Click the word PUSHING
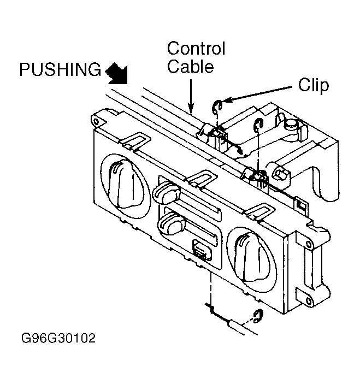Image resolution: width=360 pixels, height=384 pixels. click(x=60, y=69)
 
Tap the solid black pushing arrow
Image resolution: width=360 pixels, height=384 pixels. click(x=117, y=74)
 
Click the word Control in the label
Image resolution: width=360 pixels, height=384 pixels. click(x=196, y=48)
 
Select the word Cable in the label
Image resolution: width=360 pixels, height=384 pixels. click(x=191, y=66)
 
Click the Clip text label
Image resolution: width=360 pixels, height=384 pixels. click(x=314, y=85)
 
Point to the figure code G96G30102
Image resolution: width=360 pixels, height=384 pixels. click(x=58, y=338)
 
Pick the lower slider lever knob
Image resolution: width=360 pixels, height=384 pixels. click(x=172, y=222)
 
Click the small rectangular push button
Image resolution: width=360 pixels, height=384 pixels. click(x=202, y=250)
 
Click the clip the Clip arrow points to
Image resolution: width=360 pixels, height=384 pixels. click(x=217, y=107)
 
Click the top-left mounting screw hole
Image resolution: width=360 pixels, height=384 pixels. click(x=97, y=121)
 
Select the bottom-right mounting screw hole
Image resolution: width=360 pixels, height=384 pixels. click(x=308, y=301)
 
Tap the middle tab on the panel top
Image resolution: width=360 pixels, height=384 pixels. click(x=201, y=179)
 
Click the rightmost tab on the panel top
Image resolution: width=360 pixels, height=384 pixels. click(x=260, y=211)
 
